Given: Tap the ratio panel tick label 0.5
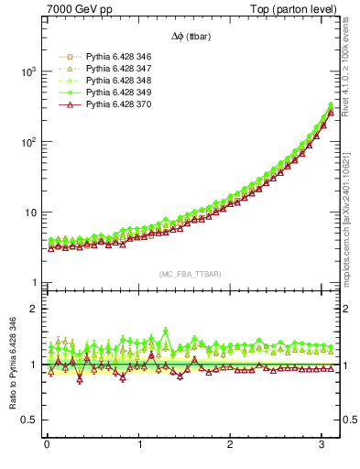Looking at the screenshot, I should pyautogui.click(x=28, y=420).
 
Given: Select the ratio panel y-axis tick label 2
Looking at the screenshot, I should pyautogui.click(x=33, y=309).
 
